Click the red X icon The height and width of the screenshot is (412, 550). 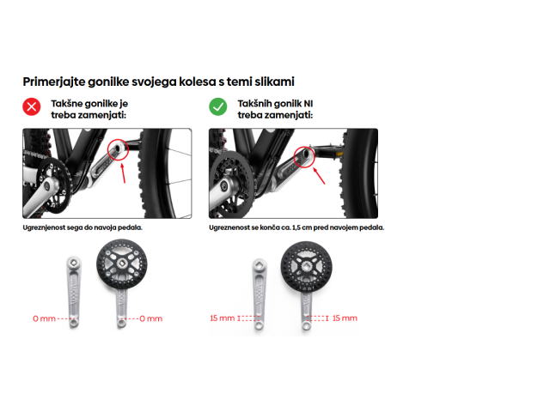tap(32, 106)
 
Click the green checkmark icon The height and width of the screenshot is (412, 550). tap(217, 106)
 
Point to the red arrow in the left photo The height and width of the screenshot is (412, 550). tap(123, 173)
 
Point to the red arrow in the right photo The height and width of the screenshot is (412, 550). tap(319, 175)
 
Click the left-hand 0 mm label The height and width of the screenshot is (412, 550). tap(44, 318)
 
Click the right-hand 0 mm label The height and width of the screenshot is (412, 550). tap(151, 318)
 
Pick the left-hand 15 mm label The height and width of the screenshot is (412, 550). tap(222, 318)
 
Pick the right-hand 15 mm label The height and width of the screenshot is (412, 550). tap(345, 318)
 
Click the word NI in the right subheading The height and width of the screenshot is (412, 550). tap(309, 104)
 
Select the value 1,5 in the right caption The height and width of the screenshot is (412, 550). tap(296, 227)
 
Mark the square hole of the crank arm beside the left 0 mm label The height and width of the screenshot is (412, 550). tap(74, 262)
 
